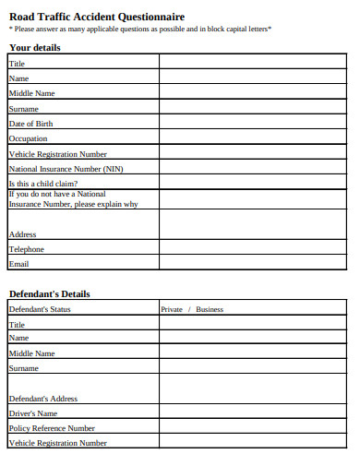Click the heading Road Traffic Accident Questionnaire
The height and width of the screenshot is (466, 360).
96,17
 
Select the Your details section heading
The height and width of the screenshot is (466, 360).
35,47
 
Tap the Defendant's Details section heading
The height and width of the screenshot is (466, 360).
50,293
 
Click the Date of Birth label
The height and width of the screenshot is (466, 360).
31,124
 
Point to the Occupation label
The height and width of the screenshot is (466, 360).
28,138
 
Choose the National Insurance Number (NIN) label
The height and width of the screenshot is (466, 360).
66,169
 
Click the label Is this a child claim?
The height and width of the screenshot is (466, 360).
43,185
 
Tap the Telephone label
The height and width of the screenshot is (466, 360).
27,249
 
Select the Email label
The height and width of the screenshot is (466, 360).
18,264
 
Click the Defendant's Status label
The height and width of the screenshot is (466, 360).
40,309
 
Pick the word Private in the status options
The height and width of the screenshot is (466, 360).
172,309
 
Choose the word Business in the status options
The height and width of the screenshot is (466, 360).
210,309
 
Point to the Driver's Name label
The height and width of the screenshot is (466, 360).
33,413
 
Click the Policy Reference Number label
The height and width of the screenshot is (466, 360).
52,428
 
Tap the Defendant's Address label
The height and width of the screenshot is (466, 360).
42,399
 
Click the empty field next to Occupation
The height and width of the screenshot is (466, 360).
252,138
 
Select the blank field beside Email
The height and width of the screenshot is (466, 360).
252,264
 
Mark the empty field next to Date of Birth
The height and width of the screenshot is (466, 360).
252,124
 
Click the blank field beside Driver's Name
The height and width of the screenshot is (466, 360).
252,413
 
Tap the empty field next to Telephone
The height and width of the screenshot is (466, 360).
252,249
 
